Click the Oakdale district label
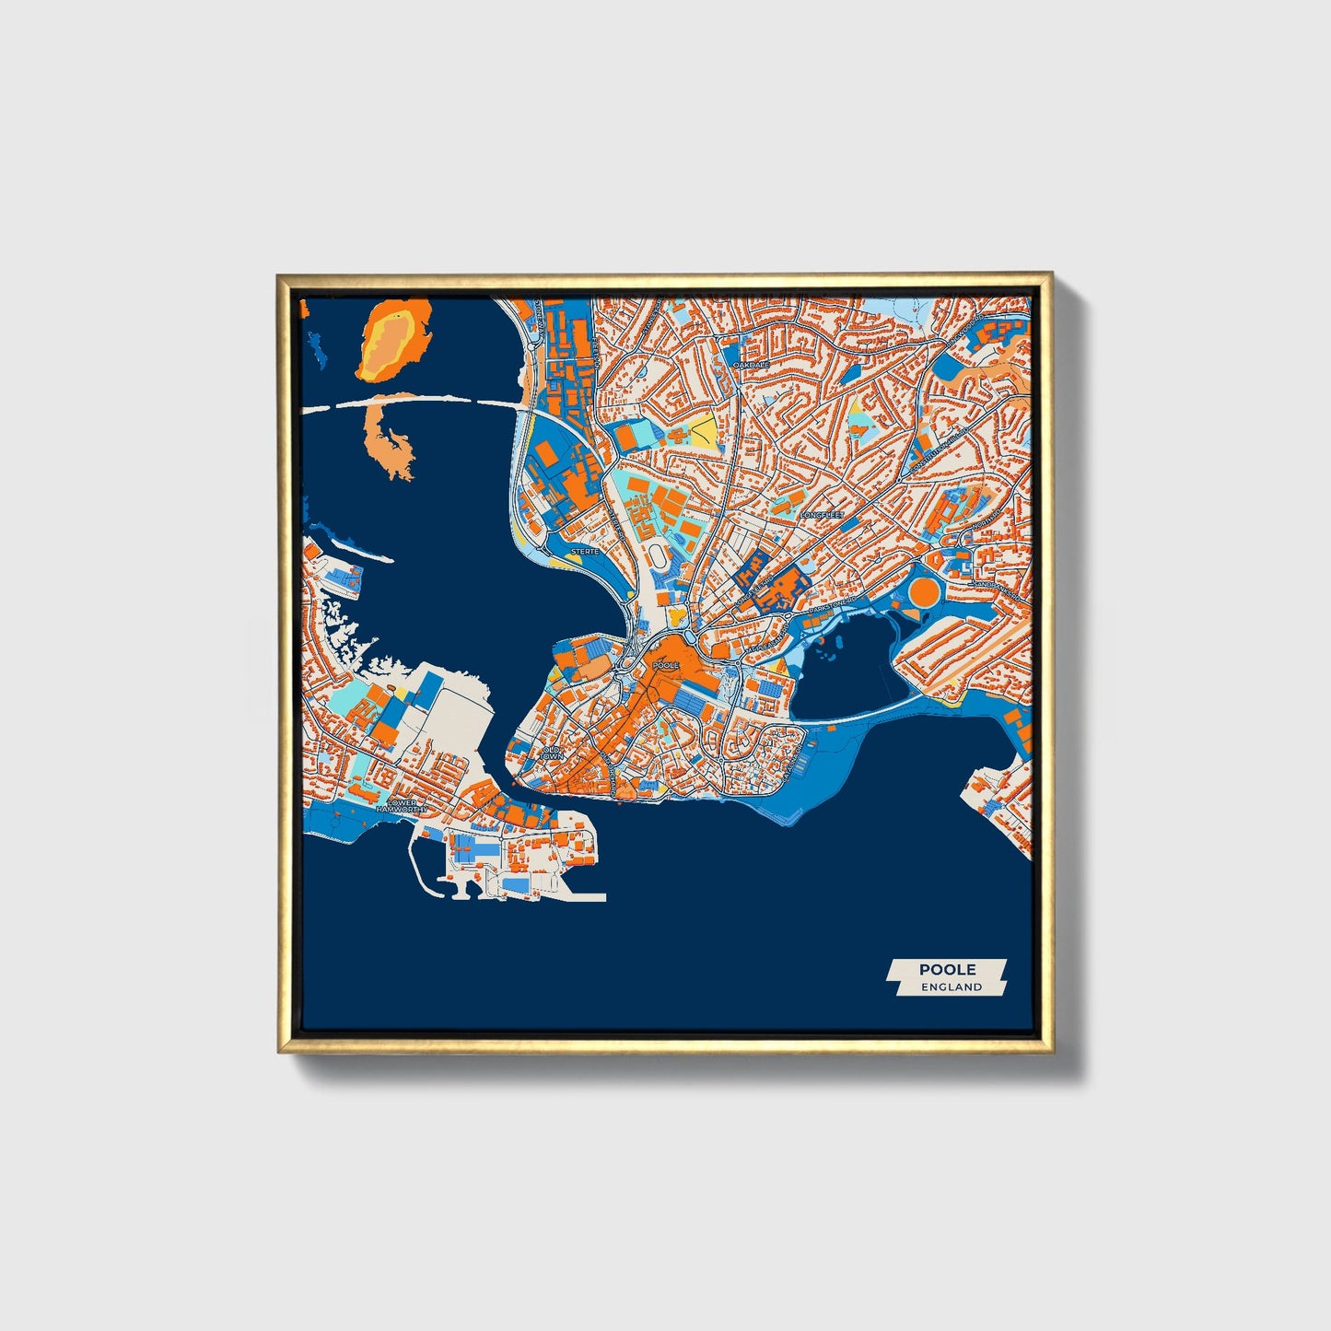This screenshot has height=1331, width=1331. [751, 365]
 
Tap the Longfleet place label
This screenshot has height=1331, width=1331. [822, 515]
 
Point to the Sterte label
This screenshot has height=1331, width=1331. [585, 551]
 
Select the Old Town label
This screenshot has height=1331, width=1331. [552, 753]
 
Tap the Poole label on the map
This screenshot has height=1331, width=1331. [664, 664]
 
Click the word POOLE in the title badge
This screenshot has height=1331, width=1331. [947, 969]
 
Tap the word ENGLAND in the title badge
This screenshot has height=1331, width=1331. [952, 987]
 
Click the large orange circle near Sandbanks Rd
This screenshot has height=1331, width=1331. [924, 590]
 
